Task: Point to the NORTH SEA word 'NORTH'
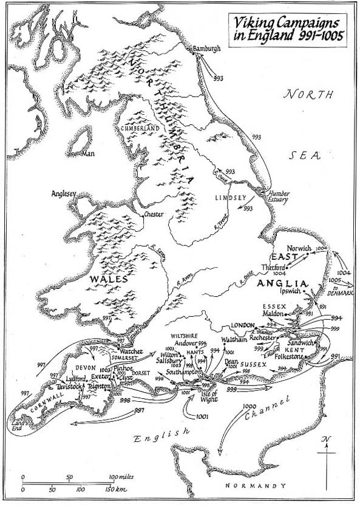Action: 310,95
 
